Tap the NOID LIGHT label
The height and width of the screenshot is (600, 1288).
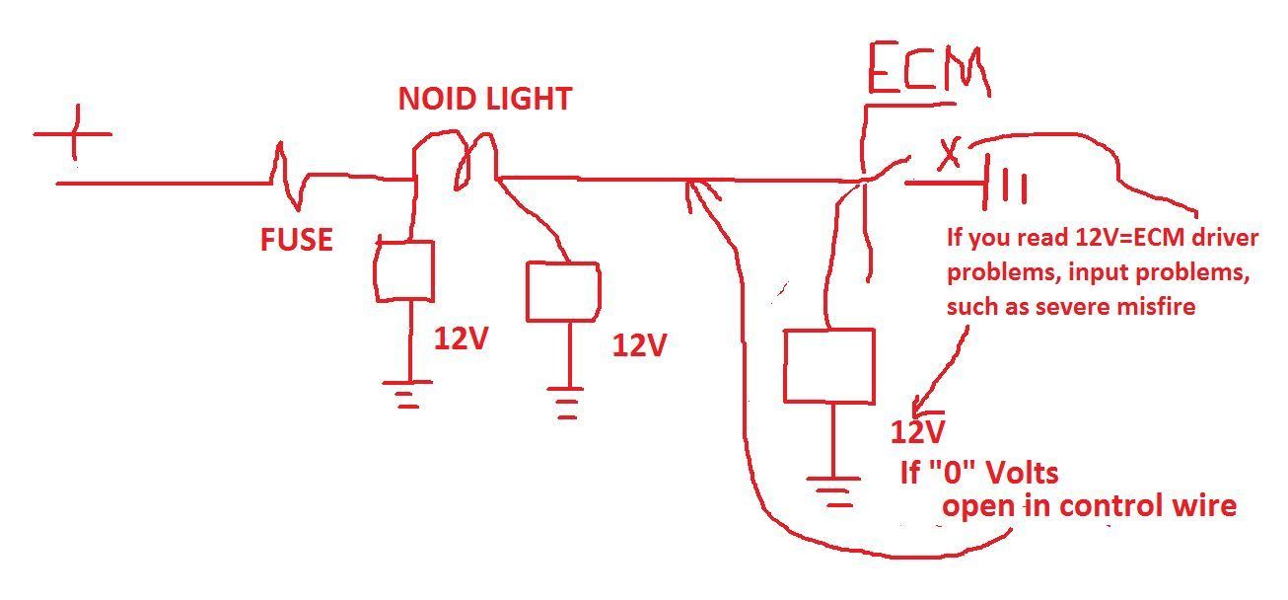coord(484,99)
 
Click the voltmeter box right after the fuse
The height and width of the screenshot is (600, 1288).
coord(404,270)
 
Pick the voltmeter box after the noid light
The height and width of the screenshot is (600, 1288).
coord(562,292)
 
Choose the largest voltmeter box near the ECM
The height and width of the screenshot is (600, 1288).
coord(828,366)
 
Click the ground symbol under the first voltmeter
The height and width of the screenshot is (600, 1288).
coord(406,393)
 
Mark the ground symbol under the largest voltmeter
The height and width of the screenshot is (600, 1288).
coord(834,490)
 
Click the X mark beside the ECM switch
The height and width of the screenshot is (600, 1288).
coord(949,155)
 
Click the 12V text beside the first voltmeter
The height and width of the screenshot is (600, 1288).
coord(462,339)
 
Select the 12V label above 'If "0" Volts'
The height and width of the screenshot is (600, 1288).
coord(919,432)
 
